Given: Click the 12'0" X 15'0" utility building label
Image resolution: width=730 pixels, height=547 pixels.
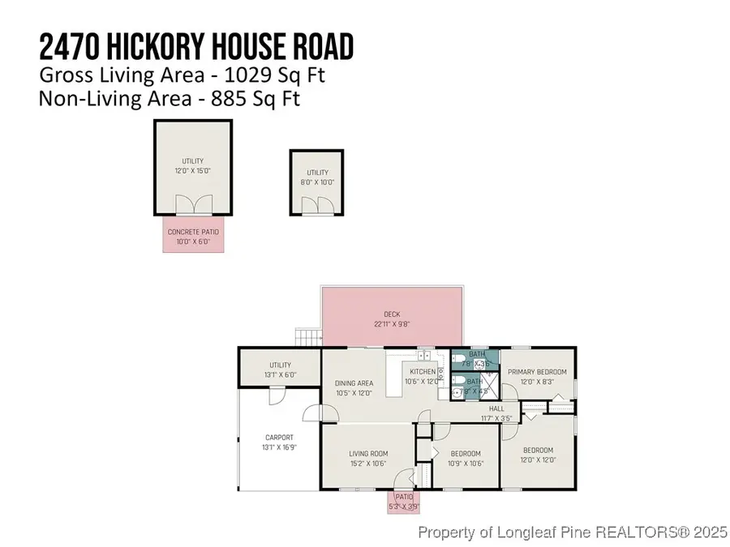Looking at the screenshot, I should point(192,171).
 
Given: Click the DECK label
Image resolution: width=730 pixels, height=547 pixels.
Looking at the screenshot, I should point(393,315).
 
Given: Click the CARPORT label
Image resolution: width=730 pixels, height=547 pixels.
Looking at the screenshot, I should point(279,438).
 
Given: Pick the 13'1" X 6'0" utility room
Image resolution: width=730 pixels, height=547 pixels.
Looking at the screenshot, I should point(280,370).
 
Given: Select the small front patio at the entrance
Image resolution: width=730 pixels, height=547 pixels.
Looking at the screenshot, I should point(403,502).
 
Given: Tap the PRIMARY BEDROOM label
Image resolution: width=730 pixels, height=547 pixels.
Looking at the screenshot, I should point(537,372).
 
